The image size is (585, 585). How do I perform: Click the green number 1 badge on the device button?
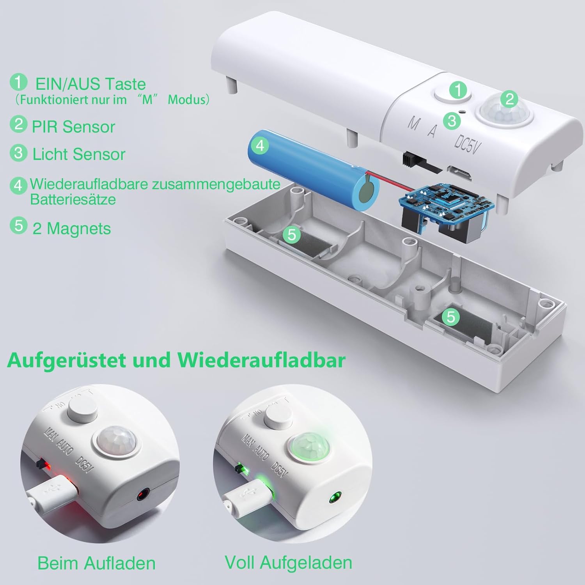(458, 90)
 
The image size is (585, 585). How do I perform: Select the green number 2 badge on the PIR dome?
(509, 99)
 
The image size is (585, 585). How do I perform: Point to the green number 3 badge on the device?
(452, 121)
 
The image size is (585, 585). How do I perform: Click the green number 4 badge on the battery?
(260, 145)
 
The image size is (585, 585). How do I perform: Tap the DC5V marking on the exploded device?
(466, 145)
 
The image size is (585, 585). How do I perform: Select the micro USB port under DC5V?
(460, 173)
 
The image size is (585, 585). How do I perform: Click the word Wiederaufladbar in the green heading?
(262, 360)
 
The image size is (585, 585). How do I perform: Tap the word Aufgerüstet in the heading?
(66, 360)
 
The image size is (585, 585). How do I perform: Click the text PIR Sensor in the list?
(73, 127)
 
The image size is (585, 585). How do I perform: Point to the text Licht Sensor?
(78, 154)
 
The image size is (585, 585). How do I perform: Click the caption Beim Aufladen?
(96, 563)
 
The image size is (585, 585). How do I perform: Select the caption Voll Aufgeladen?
(288, 562)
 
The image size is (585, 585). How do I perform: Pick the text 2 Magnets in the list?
(72, 229)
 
